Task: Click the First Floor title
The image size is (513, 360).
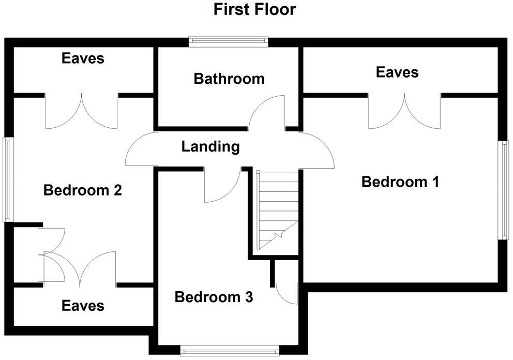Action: tap(254, 9)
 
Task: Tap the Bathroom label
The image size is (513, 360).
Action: tap(229, 79)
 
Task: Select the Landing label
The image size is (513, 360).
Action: tap(210, 146)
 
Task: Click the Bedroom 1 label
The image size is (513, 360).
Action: tap(400, 182)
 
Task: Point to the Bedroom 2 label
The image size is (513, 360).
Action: tap(83, 190)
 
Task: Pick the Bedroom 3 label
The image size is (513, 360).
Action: tap(214, 297)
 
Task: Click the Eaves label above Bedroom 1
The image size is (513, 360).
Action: tap(397, 72)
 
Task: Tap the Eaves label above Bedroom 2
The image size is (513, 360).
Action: tap(83, 58)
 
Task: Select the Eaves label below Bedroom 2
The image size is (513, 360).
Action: tap(83, 305)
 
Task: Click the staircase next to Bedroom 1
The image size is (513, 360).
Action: tap(278, 209)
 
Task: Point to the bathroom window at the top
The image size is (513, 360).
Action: tap(229, 41)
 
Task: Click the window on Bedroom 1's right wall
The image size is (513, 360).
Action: tap(503, 190)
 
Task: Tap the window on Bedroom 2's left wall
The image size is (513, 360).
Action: tap(7, 179)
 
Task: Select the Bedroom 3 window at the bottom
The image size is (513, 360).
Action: tap(230, 351)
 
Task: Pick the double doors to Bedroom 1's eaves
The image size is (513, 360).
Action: tap(404, 112)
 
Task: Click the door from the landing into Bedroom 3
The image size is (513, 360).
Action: tap(221, 185)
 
